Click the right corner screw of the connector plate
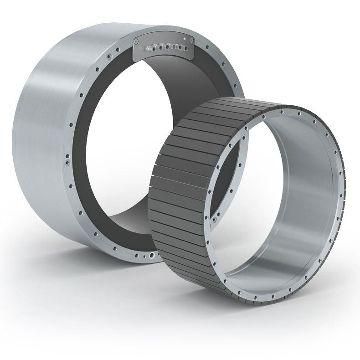191,41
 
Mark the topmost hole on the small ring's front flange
283,110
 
